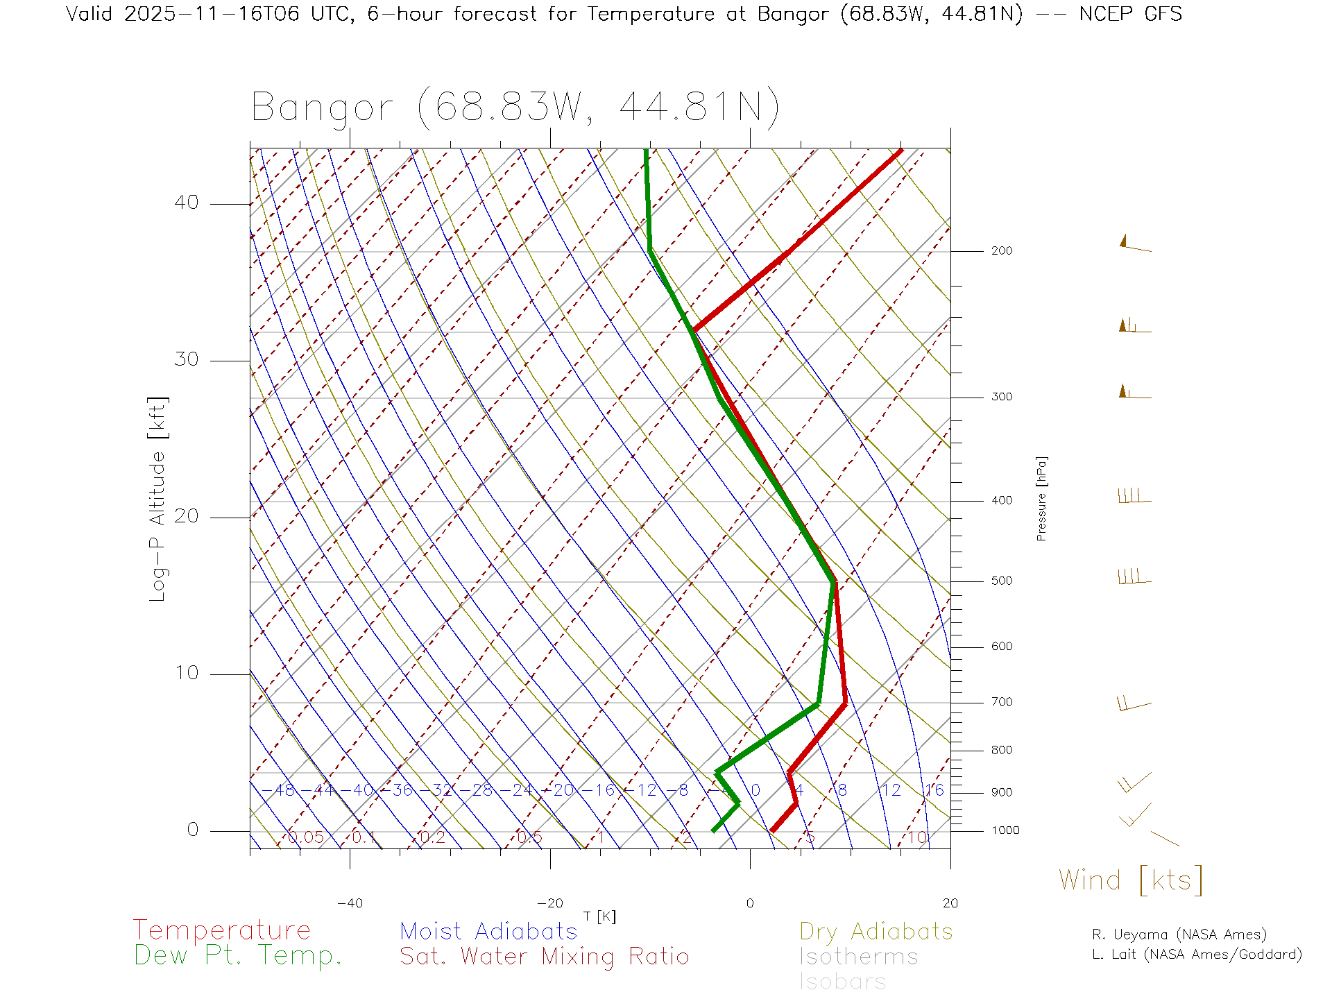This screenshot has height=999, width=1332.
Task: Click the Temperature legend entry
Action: pos(221,930)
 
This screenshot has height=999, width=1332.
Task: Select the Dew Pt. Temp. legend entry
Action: pos(238,956)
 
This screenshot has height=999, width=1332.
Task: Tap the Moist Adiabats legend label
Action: pos(488,931)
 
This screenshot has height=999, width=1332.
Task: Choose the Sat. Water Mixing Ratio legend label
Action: pos(544,957)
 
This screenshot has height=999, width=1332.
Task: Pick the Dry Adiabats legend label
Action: pos(876,931)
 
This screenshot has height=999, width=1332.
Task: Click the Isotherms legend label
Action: pos(858,957)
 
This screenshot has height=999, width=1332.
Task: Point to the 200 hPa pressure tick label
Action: pos(1001,251)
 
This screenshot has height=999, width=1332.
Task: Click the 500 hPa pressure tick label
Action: pos(1001,581)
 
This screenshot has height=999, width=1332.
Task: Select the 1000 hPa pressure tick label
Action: pos(1005,830)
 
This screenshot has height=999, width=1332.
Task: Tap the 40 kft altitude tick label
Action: pos(186,203)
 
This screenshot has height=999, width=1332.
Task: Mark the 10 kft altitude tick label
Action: pos(186,673)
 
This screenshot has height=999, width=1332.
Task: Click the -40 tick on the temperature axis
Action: pos(350,903)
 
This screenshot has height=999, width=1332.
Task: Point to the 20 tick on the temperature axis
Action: pos(950,903)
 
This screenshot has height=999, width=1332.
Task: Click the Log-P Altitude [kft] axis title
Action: pos(158,499)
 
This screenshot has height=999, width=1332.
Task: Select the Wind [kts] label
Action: pos(1130,880)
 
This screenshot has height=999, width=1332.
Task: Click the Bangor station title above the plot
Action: pos(515,108)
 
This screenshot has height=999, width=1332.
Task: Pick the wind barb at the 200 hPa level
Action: pos(1135,245)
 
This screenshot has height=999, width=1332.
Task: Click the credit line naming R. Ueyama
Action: pos(1179,934)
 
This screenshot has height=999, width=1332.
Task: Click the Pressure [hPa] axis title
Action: pos(1041,498)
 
